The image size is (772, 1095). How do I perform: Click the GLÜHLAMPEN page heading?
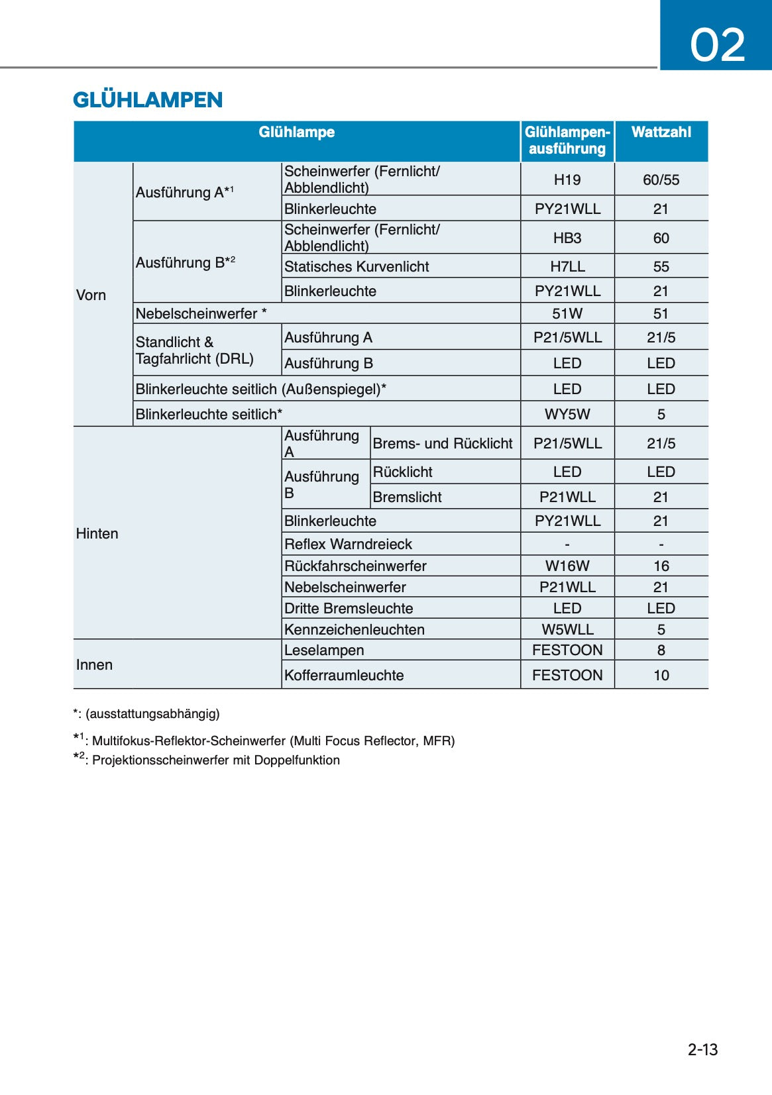tap(148, 100)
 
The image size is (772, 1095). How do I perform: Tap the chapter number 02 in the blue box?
tap(717, 45)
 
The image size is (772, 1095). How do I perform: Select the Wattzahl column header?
tap(661, 132)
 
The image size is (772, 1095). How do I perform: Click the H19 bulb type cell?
tap(567, 180)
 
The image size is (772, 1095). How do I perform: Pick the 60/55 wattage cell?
tap(661, 180)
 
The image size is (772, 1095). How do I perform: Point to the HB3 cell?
tap(567, 238)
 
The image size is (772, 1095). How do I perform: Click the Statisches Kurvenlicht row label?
tap(357, 266)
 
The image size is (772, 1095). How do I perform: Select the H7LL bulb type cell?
tap(567, 266)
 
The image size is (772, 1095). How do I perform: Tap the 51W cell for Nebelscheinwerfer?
tap(567, 313)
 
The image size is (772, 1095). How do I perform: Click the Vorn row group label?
tap(91, 295)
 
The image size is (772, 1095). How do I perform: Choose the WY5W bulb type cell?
tap(567, 414)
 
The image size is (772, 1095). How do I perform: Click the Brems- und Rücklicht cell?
tap(443, 443)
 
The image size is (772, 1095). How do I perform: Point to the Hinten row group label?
tap(97, 533)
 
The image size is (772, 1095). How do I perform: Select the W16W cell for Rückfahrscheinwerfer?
tap(567, 566)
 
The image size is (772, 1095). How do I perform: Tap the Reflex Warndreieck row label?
tap(348, 544)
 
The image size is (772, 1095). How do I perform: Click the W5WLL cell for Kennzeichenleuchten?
tap(567, 629)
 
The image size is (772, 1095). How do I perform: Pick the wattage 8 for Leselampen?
tap(661, 650)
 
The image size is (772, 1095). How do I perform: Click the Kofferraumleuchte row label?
tap(344, 675)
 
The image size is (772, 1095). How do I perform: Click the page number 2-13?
tap(702, 1049)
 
